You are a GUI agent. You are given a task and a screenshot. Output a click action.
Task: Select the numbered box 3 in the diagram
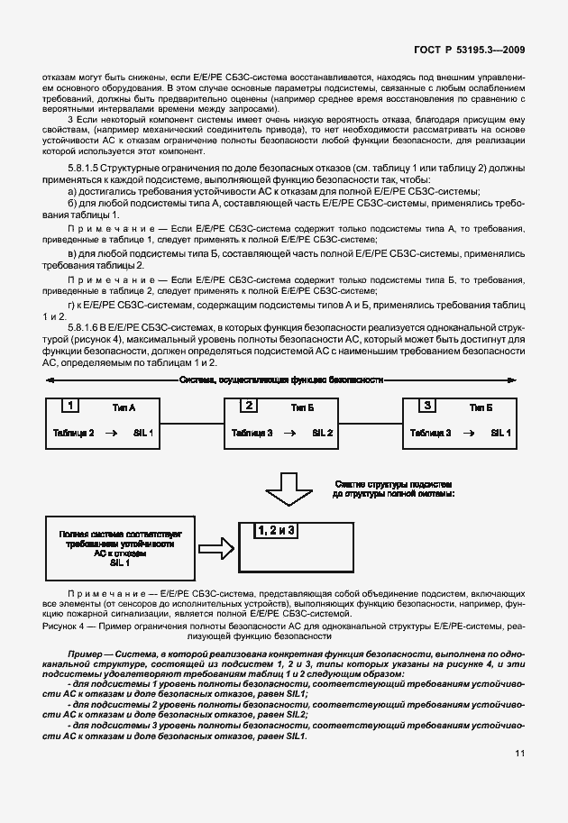click(x=427, y=406)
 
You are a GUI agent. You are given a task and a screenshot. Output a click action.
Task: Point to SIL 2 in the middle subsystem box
click(x=323, y=434)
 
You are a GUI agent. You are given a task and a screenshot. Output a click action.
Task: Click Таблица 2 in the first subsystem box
click(x=74, y=434)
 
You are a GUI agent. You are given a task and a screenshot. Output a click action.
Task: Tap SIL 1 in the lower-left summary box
click(x=120, y=562)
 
